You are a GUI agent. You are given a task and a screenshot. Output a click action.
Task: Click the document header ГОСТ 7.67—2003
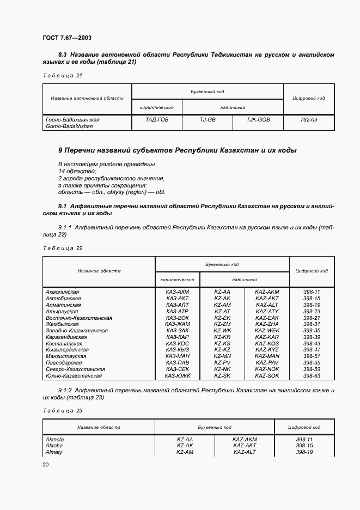click(x=66, y=38)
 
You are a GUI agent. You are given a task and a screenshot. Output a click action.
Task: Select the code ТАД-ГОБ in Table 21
click(x=157, y=119)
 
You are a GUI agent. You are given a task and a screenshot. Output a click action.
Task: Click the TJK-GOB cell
click(x=258, y=119)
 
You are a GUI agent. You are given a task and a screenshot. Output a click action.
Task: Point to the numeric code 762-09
click(x=308, y=119)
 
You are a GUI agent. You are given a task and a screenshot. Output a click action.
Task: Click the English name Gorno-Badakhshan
click(x=69, y=126)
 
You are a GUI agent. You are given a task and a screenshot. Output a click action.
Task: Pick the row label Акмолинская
click(x=63, y=292)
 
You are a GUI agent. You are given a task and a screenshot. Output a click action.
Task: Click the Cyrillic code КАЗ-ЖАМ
click(x=177, y=324)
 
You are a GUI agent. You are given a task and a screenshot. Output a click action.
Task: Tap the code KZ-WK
click(x=222, y=330)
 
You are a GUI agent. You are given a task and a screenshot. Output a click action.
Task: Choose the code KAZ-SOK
click(x=267, y=375)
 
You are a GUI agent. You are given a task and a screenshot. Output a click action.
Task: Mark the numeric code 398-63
click(x=312, y=375)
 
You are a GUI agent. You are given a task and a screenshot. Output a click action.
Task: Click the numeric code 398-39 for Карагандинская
click(x=312, y=337)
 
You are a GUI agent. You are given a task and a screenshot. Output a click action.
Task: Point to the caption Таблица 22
click(x=62, y=248)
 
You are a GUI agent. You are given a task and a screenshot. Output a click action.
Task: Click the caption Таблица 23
click(x=62, y=411)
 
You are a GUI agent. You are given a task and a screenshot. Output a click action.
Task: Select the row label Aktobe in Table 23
click(x=54, y=445)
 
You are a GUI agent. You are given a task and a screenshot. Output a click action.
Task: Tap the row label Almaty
click(x=54, y=452)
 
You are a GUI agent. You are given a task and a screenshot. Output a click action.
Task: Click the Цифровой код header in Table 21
click(x=308, y=98)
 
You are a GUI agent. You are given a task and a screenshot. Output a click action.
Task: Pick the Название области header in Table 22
click(x=99, y=270)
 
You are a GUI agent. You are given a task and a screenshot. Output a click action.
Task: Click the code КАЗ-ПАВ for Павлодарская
click(x=177, y=362)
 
